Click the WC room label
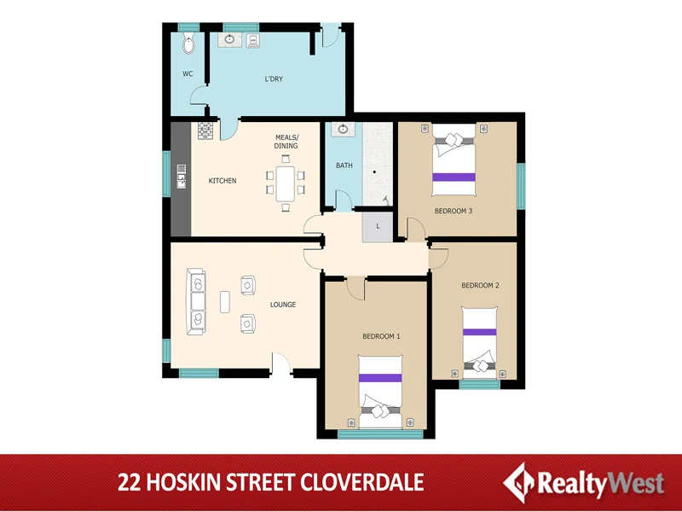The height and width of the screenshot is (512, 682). coord(188,74)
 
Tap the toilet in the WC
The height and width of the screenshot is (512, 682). coord(189,44)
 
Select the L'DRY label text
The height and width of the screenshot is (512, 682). coord(273,79)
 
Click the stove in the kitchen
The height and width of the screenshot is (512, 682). coord(205,130)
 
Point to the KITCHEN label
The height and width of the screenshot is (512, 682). coord(223,181)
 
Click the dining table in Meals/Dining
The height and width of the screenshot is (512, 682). coord(285,182)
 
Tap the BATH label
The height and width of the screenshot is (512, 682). coord(344,166)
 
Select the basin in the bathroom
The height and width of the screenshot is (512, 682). coord(343,130)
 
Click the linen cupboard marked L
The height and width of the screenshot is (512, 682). coord(377,225)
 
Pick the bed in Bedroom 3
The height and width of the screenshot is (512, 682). coord(454,158)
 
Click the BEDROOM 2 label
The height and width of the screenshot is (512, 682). coord(480,285)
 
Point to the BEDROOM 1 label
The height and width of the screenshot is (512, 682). coord(381,336)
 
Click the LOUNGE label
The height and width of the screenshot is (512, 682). coord(283,305)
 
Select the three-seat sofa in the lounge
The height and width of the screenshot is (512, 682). coord(197,300)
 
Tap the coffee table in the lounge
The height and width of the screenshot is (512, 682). coord(225,303)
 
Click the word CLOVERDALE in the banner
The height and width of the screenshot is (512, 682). coord(362,482)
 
